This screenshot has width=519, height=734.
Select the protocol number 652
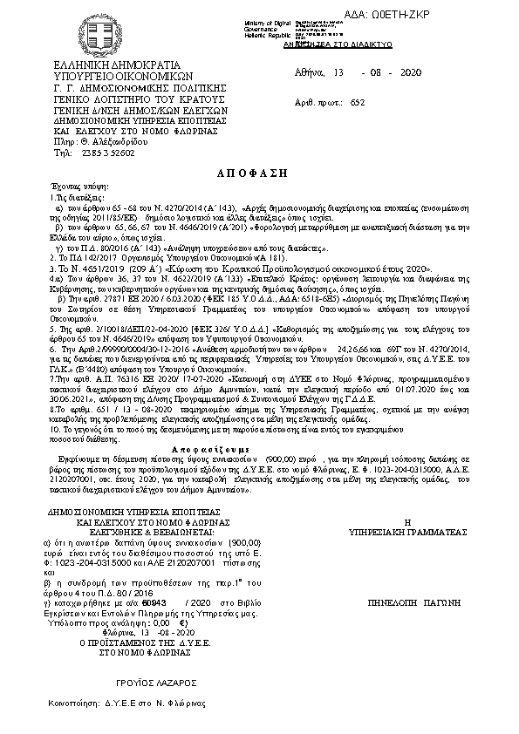pyautogui.click(x=381, y=102)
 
